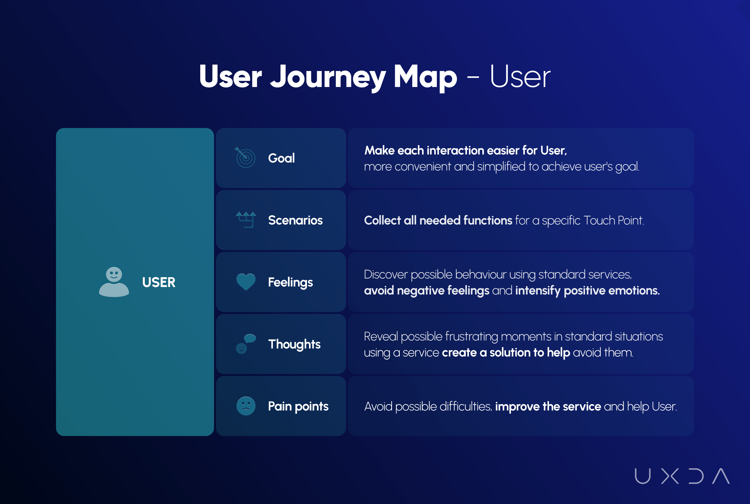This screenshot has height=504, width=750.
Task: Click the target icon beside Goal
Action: (245, 157)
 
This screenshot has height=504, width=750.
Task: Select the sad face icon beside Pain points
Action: (246, 406)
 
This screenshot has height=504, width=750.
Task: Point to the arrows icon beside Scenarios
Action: (246, 220)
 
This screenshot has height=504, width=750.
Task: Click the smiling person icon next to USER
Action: (114, 282)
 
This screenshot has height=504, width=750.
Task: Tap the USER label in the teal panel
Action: (159, 282)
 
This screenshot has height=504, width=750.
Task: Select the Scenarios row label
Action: (295, 220)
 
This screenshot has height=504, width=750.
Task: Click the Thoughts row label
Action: (294, 344)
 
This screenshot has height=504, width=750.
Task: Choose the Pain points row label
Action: (298, 406)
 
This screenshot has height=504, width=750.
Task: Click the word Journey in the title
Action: (328, 77)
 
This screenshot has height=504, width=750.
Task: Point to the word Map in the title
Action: (425, 77)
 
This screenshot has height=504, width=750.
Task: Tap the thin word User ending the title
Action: (520, 76)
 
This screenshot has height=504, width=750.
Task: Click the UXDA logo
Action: (682, 476)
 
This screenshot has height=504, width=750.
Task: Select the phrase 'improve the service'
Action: (548, 406)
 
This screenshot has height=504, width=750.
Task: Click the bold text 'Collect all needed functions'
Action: (438, 220)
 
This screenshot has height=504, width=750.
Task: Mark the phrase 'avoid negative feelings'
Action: (427, 290)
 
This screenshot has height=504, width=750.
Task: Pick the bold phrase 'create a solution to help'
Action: (506, 352)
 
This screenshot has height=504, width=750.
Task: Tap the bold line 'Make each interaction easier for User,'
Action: (465, 150)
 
